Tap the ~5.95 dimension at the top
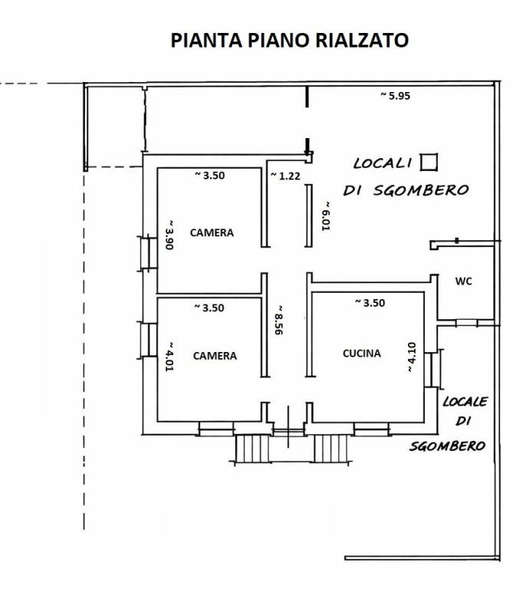pyautogui.click(x=396, y=95)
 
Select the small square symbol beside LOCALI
pyautogui.click(x=429, y=161)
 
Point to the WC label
pyautogui.click(x=463, y=281)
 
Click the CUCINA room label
pyautogui.click(x=361, y=354)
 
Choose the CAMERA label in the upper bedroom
pyautogui.click(x=212, y=232)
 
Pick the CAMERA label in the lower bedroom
pyautogui.click(x=215, y=356)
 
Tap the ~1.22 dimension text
pyautogui.click(x=285, y=176)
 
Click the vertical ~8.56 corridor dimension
pyautogui.click(x=280, y=317)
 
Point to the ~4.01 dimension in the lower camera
pyautogui.click(x=170, y=356)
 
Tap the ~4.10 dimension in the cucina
pyautogui.click(x=411, y=357)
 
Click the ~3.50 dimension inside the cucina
pyautogui.click(x=370, y=303)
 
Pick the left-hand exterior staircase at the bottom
pyautogui.click(x=248, y=448)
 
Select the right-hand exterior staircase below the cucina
pyautogui.click(x=332, y=448)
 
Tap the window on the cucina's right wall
pyautogui.click(x=435, y=369)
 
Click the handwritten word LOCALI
pyautogui.click(x=383, y=163)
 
